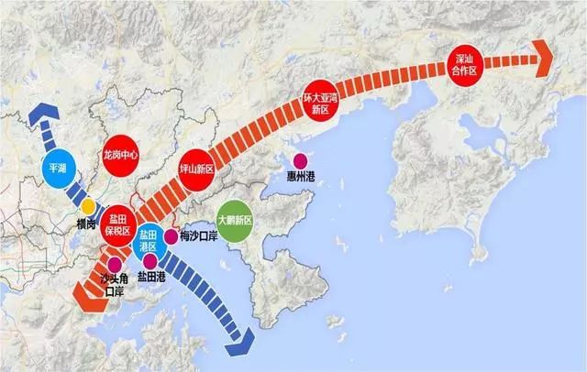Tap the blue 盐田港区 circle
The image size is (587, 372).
(x=150, y=239)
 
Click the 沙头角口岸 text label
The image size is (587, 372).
(x=112, y=285)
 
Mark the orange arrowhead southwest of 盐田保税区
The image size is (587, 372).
(x=75, y=296)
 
